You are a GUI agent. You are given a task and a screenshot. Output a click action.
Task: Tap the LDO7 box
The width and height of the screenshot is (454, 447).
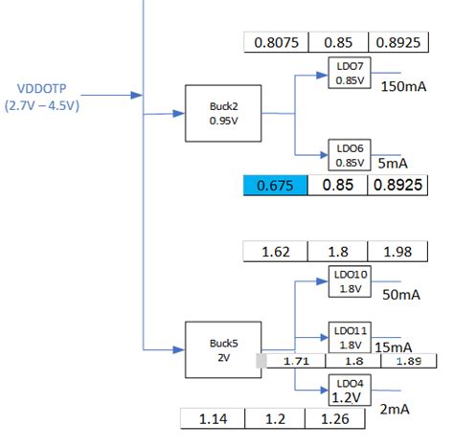350,74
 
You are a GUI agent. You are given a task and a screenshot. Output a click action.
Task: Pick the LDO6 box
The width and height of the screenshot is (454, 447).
350,154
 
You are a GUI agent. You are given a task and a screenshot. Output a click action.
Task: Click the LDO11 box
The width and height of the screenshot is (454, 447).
350,336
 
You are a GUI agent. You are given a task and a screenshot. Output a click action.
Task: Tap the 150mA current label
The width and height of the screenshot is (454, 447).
403,87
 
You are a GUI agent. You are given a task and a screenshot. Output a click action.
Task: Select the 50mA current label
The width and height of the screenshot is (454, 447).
402,295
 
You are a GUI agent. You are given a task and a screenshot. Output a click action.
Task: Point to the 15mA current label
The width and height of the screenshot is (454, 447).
394,346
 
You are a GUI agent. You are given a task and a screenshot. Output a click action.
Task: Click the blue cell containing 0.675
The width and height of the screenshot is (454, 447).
277,185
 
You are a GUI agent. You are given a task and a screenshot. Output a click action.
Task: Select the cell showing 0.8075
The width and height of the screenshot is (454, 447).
277,42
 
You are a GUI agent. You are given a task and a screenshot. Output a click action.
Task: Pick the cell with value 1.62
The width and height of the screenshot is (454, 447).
276,251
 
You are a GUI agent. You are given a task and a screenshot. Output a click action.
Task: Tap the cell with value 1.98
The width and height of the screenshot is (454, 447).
397,251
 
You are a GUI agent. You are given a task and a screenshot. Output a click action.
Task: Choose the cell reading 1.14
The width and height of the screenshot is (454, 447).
213,419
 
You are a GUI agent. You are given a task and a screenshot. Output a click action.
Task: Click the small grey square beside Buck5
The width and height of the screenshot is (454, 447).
261,360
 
